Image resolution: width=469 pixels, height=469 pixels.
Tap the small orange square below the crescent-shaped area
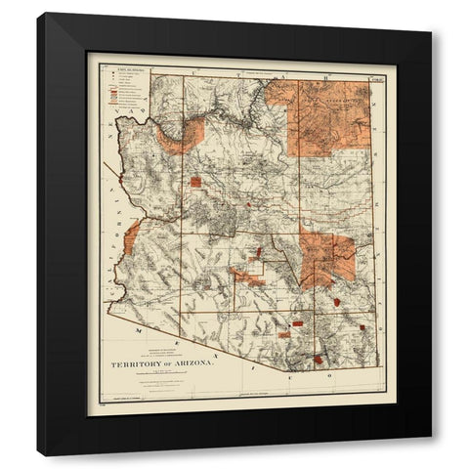click(x=195, y=181)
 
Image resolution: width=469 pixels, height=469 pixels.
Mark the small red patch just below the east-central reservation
click(x=337, y=301)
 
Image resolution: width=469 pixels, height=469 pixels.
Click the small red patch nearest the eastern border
click(x=362, y=326)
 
